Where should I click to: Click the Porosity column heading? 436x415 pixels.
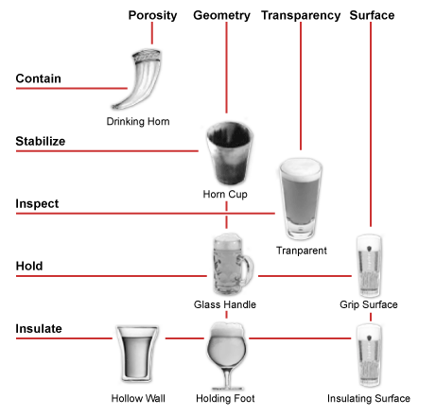point(152,15)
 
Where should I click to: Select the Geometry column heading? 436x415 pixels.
point(221,15)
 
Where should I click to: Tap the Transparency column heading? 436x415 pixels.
point(301,15)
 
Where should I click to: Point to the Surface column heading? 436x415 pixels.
point(372,15)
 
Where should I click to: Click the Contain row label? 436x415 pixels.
point(38,78)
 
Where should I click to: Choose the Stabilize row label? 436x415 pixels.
point(41,141)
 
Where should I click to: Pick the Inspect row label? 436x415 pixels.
point(37,203)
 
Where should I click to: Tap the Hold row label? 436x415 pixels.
point(29,266)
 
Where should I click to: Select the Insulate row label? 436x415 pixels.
point(39,328)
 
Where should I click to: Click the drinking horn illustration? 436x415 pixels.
point(140,78)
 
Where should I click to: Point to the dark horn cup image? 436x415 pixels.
point(230,153)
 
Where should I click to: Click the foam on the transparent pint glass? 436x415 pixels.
point(301,169)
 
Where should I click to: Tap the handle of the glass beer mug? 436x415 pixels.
point(248,268)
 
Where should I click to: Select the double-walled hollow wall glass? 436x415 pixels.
point(137,354)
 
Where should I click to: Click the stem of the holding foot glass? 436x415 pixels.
point(227,377)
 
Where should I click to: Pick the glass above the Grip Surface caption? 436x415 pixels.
point(369,266)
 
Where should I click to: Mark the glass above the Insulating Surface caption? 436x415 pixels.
point(369,355)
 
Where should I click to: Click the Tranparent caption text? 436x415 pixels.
point(302,251)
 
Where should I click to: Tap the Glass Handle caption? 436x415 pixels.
point(225,304)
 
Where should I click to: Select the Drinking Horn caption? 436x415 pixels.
point(138,121)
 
